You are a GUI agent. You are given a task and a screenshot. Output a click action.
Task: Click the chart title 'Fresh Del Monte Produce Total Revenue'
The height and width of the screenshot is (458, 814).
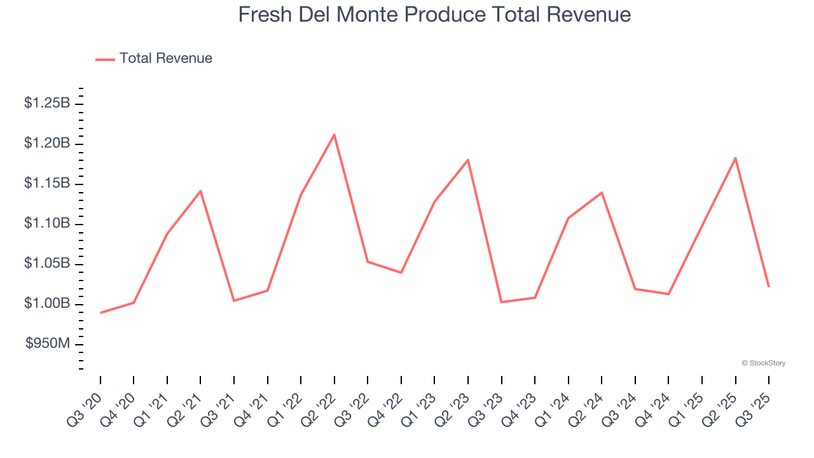(434, 15)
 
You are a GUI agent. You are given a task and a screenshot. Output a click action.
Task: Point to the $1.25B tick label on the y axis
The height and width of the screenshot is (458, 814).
(47, 103)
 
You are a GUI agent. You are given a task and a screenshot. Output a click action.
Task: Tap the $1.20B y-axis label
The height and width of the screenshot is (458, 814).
(47, 143)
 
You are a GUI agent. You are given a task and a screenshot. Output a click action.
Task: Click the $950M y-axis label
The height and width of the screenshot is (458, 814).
(48, 344)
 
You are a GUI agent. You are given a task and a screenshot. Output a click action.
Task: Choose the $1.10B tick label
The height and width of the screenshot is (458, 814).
(47, 223)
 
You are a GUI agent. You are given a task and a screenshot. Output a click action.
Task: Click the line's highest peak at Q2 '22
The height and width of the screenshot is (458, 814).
(335, 135)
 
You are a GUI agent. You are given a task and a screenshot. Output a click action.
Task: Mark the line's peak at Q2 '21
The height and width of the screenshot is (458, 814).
(200, 191)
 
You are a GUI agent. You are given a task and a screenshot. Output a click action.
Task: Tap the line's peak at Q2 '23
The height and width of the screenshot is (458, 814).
(468, 160)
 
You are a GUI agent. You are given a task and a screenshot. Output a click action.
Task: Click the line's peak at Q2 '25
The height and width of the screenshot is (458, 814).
(735, 158)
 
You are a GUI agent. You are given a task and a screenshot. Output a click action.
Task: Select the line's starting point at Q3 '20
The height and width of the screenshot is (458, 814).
(100, 313)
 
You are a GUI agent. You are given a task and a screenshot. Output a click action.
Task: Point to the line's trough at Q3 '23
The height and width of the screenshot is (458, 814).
(502, 302)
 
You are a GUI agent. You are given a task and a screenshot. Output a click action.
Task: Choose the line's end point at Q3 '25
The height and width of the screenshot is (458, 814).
(769, 286)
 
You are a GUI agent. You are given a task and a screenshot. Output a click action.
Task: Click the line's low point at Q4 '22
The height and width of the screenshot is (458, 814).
(401, 272)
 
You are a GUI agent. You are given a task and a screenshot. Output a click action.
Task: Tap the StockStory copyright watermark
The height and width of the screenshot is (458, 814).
(764, 363)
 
